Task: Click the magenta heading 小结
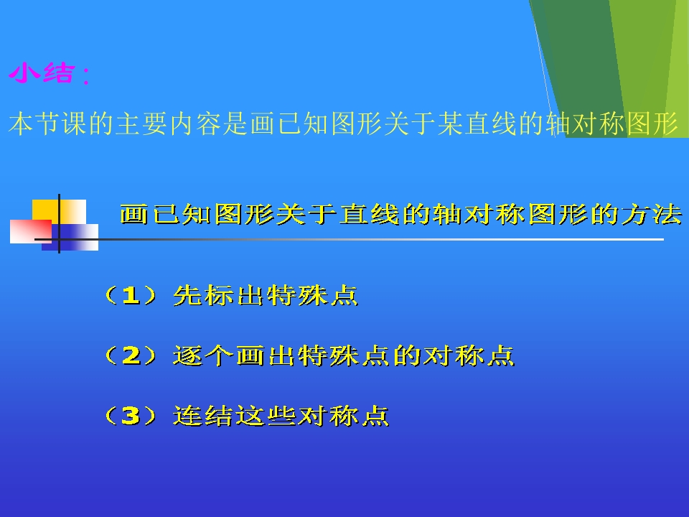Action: click(41, 73)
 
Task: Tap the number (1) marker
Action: click(129, 296)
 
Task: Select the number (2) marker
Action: click(129, 355)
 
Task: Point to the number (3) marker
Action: click(129, 416)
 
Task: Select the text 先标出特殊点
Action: click(266, 296)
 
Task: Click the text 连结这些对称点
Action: click(281, 416)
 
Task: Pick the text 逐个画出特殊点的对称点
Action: click(344, 355)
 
